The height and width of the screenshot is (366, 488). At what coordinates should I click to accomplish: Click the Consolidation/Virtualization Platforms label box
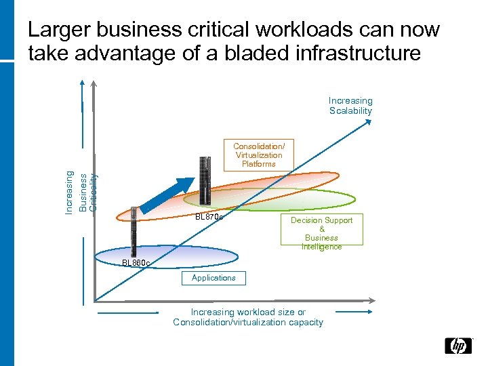(259, 155)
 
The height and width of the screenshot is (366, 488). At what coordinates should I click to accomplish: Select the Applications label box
(213, 278)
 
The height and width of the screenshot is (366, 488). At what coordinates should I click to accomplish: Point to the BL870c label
(209, 217)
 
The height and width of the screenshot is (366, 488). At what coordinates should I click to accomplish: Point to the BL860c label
(136, 263)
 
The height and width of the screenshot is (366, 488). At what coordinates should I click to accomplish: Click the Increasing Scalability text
(350, 106)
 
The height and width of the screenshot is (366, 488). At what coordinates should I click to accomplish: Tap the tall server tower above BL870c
(204, 182)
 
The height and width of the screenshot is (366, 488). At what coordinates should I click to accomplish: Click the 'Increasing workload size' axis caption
(248, 312)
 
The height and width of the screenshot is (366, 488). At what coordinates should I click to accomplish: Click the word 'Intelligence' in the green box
(322, 247)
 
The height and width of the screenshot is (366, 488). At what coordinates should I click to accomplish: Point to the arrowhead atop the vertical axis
(83, 84)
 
